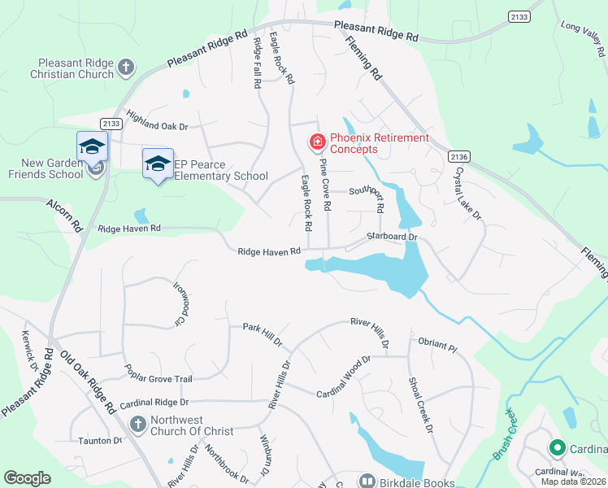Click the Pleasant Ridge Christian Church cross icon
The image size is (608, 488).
click(126, 68)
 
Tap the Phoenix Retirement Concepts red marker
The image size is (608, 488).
click(316, 143)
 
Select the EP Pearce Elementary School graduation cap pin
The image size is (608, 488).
click(158, 164)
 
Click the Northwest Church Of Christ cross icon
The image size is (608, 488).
click(137, 424)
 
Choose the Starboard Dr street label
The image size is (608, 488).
click(391, 237)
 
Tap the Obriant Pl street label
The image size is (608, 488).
click(437, 346)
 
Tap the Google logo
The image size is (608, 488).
click(27, 478)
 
